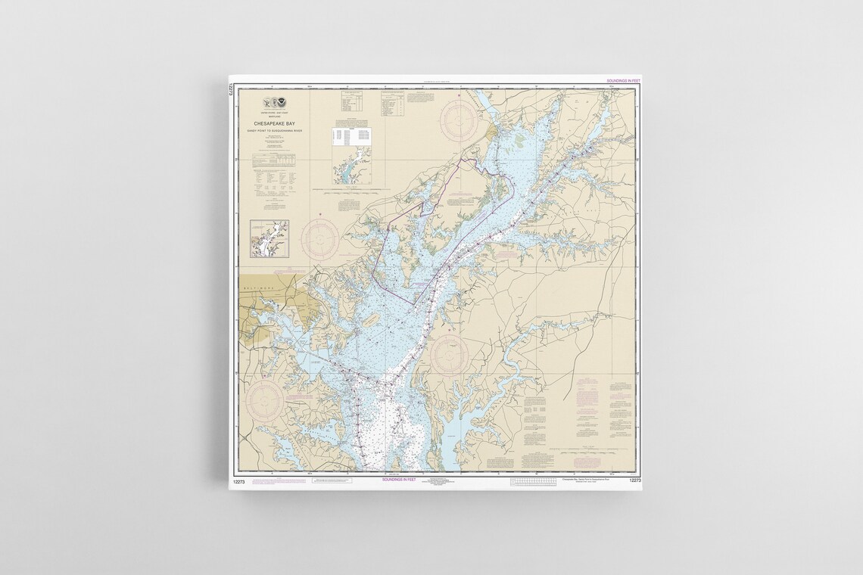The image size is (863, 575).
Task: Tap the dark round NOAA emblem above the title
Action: [x=280, y=101]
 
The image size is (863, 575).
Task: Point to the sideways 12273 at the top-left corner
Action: [x=229, y=89]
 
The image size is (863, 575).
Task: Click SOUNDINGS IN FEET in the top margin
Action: [x=624, y=80]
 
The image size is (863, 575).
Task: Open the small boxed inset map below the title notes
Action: [x=269, y=238]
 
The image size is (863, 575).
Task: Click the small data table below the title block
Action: [x=273, y=159]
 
